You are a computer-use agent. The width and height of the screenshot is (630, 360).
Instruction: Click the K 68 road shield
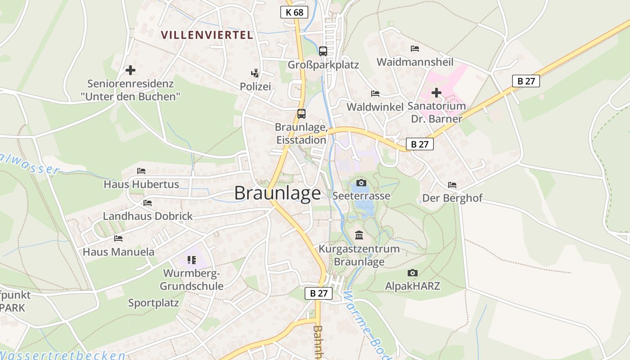tap(294, 12)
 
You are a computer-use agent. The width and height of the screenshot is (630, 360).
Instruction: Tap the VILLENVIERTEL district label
tap(207, 35)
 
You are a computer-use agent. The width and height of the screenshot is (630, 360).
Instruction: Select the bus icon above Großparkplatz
tap(323, 51)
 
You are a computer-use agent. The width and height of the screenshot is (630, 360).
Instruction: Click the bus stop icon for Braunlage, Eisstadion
tap(301, 114)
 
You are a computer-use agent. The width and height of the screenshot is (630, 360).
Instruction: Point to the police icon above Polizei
tap(255, 73)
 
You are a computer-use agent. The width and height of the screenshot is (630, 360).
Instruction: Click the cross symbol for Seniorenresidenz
tap(130, 70)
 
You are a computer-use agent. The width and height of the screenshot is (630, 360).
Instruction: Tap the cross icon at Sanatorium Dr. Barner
tap(436, 93)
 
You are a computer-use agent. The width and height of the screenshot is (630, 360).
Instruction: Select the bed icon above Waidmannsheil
tap(415, 48)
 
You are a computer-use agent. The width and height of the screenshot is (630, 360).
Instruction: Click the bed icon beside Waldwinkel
tap(375, 94)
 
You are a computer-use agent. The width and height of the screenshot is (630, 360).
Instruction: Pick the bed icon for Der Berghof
tap(452, 185)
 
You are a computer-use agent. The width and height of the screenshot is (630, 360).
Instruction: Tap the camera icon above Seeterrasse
tap(361, 183)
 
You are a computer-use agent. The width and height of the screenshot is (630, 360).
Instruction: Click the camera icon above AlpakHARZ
tap(412, 273)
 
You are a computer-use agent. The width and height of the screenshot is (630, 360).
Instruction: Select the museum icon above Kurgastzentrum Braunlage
tap(359, 235)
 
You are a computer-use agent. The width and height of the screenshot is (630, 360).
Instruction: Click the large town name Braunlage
tap(278, 193)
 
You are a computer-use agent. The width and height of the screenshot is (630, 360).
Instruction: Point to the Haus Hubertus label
tap(141, 184)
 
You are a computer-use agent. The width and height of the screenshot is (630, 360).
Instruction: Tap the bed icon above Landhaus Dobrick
tap(148, 203)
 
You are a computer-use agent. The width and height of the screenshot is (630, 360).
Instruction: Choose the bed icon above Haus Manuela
tap(118, 238)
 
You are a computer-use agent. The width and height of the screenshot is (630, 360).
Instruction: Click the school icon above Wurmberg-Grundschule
tap(192, 260)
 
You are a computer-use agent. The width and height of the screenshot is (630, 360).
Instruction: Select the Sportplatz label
tap(153, 303)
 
